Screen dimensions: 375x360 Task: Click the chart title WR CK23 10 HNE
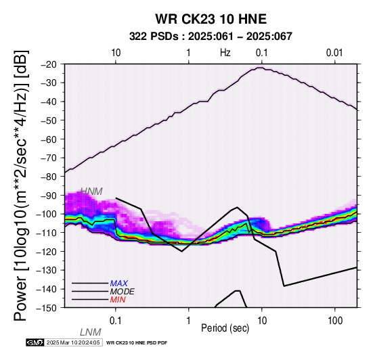click(211, 19)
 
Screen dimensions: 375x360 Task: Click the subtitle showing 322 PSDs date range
click(211, 37)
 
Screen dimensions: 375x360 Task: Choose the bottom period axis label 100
click(335, 321)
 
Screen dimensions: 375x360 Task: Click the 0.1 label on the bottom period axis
click(116, 321)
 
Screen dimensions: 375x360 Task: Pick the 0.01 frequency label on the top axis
click(334, 53)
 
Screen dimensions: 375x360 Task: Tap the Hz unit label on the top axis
click(225, 53)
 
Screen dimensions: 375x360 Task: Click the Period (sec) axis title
click(225, 328)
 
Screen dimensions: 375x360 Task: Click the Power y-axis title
click(21, 185)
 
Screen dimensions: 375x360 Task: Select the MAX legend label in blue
click(119, 284)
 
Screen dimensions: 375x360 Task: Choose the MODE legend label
click(123, 292)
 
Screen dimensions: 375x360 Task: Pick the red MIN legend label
click(118, 300)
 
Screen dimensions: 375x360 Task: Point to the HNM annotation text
click(91, 192)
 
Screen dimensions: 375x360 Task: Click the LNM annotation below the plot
click(91, 332)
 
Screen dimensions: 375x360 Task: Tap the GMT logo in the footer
click(35, 342)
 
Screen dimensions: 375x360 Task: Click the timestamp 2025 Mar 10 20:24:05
click(73, 342)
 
